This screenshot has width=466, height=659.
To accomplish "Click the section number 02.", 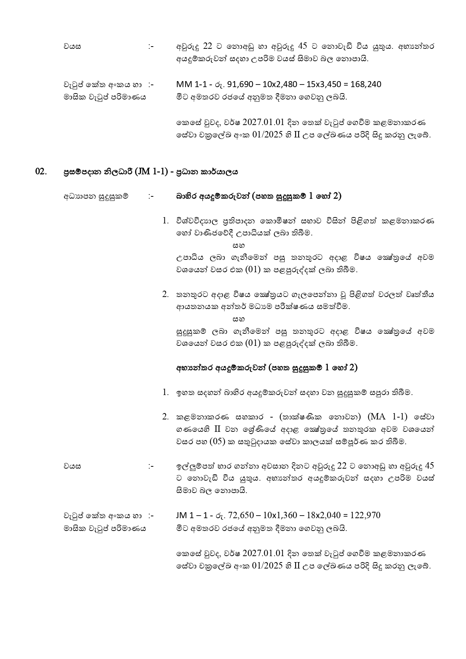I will click(41, 172).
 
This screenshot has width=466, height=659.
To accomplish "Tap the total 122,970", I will click(365, 515).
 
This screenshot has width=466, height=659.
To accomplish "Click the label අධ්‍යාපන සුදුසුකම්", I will click(96, 196).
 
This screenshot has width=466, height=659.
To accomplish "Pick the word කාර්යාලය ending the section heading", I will click(222, 172).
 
